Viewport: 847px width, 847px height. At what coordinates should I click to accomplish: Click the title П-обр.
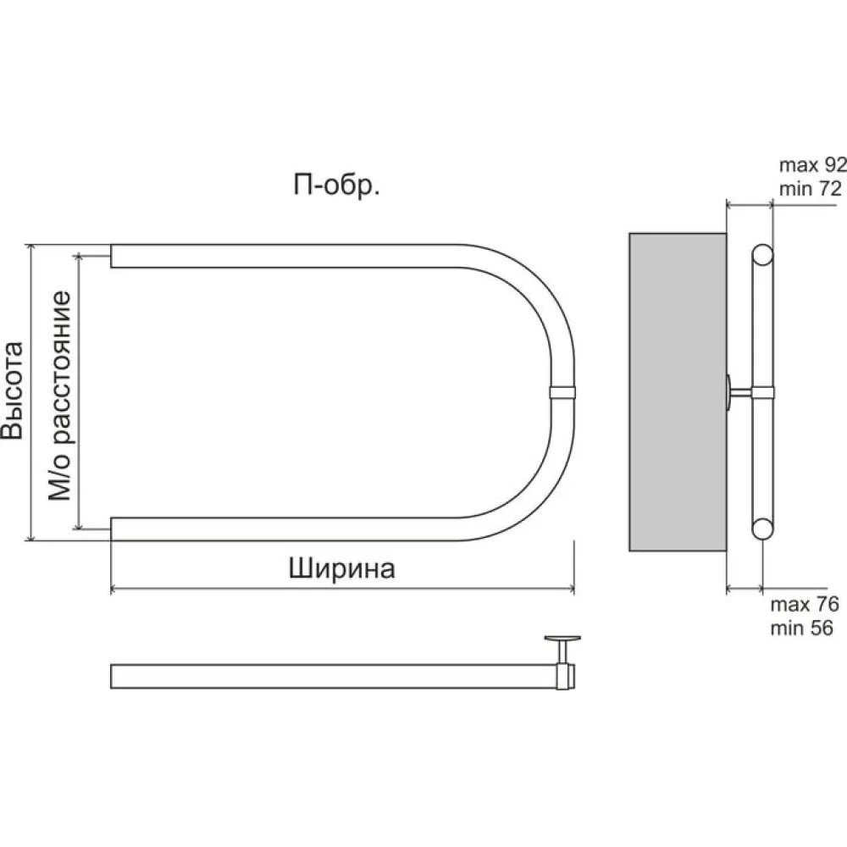(336, 185)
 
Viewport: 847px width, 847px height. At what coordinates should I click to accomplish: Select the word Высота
(13, 390)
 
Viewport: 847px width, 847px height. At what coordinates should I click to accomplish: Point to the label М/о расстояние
(59, 396)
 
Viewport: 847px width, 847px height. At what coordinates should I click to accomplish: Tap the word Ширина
(341, 569)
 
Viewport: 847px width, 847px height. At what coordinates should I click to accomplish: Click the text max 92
(812, 165)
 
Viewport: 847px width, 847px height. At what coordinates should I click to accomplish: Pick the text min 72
(811, 189)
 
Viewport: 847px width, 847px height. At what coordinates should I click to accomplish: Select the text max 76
(805, 605)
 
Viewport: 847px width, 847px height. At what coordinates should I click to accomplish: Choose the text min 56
(801, 628)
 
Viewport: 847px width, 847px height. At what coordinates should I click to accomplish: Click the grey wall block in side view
(678, 392)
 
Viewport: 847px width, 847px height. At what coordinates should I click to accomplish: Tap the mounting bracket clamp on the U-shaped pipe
(562, 392)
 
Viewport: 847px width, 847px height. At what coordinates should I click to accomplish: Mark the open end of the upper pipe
(111, 256)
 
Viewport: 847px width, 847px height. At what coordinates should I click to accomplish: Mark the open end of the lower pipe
(111, 529)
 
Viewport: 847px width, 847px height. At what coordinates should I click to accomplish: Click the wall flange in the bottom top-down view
(562, 639)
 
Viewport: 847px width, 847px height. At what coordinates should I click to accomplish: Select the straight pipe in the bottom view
(334, 676)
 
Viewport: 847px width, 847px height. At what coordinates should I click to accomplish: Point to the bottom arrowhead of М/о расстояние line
(80, 525)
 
